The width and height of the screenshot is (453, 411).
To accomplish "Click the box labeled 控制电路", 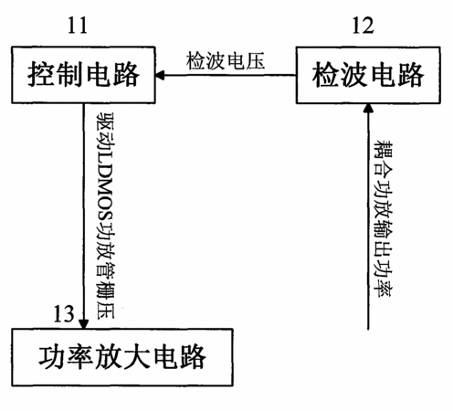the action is [83, 75].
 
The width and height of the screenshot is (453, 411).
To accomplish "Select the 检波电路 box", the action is [368, 75].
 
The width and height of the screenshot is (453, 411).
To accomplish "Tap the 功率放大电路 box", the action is [122, 357].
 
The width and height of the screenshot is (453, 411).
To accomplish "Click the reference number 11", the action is [78, 26].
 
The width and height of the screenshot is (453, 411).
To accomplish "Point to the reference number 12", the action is [363, 26].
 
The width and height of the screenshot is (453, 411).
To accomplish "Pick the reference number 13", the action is [64, 314].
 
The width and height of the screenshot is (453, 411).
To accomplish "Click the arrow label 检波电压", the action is [226, 61].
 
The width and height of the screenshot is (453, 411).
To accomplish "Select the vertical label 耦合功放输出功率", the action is [384, 218].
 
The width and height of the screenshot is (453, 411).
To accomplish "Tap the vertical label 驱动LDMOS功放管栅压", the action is [105, 216].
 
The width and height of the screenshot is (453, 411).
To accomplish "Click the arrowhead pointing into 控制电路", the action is [160, 75].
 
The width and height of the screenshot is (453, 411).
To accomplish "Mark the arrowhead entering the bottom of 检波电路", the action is [368, 108].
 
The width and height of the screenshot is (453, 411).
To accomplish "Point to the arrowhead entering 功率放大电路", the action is [83, 324].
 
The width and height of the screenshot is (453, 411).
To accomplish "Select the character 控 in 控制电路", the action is [40, 75].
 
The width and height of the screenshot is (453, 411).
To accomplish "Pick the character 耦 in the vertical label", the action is [384, 149].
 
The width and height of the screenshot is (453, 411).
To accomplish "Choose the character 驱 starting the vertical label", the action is [105, 121].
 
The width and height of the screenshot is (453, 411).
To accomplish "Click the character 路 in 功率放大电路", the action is [194, 357].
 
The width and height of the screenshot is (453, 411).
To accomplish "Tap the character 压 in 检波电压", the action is [255, 61].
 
